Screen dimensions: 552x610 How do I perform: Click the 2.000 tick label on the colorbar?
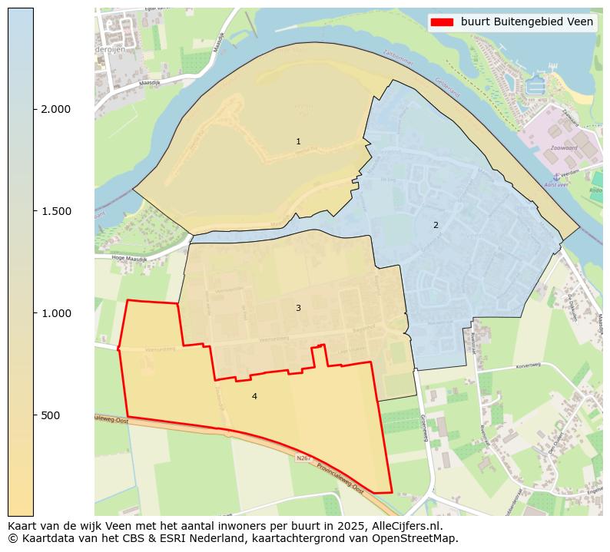coord(56,109)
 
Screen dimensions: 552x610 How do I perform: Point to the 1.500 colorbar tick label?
coord(56,211)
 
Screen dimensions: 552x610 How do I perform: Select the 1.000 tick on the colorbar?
coord(56,313)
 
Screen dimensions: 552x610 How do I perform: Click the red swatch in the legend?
coord(443,22)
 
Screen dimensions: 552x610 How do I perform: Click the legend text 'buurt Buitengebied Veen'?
coord(526,22)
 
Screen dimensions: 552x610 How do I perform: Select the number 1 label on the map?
coord(298,142)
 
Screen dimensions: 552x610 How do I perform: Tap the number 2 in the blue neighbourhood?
coord(436,225)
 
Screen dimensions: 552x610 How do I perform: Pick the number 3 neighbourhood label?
coord(298,308)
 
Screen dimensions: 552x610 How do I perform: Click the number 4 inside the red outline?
coord(254,396)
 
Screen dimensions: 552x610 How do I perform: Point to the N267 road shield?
coord(304,458)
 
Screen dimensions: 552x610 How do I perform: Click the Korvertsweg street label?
coord(529,365)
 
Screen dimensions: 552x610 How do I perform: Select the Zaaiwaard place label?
coord(563,148)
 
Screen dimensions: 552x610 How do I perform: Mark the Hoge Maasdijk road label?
coord(128,259)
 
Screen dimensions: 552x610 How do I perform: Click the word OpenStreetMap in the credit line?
coord(418,538)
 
